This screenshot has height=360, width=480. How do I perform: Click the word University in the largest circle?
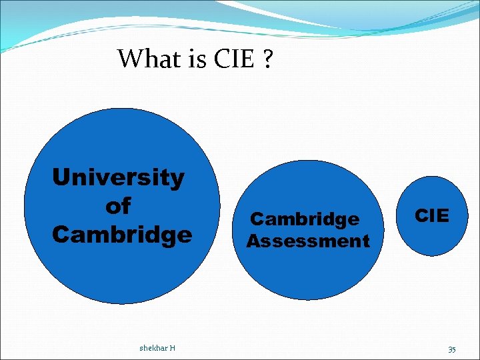point(118,178)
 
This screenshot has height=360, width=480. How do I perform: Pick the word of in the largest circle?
point(118,206)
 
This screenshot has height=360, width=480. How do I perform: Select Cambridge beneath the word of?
point(121,235)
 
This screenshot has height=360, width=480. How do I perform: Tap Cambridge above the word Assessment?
point(304,219)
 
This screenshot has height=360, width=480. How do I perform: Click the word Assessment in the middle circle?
point(308,241)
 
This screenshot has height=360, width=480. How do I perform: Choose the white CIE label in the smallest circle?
point(432,215)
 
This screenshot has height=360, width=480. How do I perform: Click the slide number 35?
point(451,349)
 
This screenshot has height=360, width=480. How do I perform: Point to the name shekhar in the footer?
point(153,347)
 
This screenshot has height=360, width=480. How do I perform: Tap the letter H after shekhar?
point(173,347)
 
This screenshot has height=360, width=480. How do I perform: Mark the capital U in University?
point(61,178)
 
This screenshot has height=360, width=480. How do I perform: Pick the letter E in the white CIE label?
point(443,215)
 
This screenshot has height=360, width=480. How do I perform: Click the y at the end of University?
point(177,180)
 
